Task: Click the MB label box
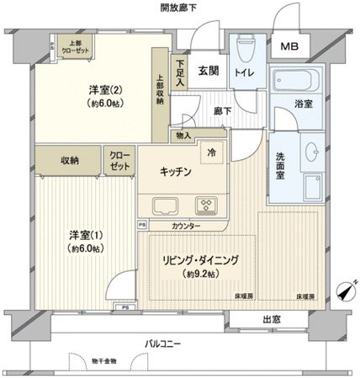click(289, 47)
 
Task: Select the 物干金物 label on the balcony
click(111, 361)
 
